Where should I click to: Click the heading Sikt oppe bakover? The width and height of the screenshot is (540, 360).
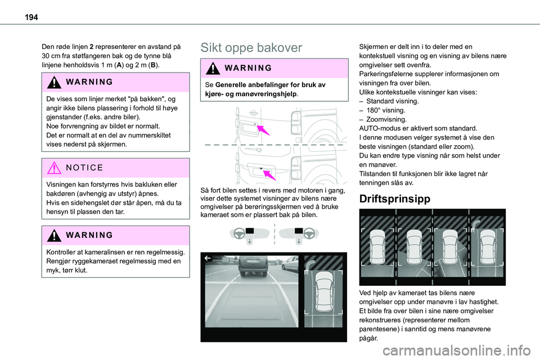(251, 48)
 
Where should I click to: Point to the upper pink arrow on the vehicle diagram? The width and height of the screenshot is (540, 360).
(262, 130)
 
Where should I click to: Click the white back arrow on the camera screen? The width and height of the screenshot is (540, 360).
(208, 259)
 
